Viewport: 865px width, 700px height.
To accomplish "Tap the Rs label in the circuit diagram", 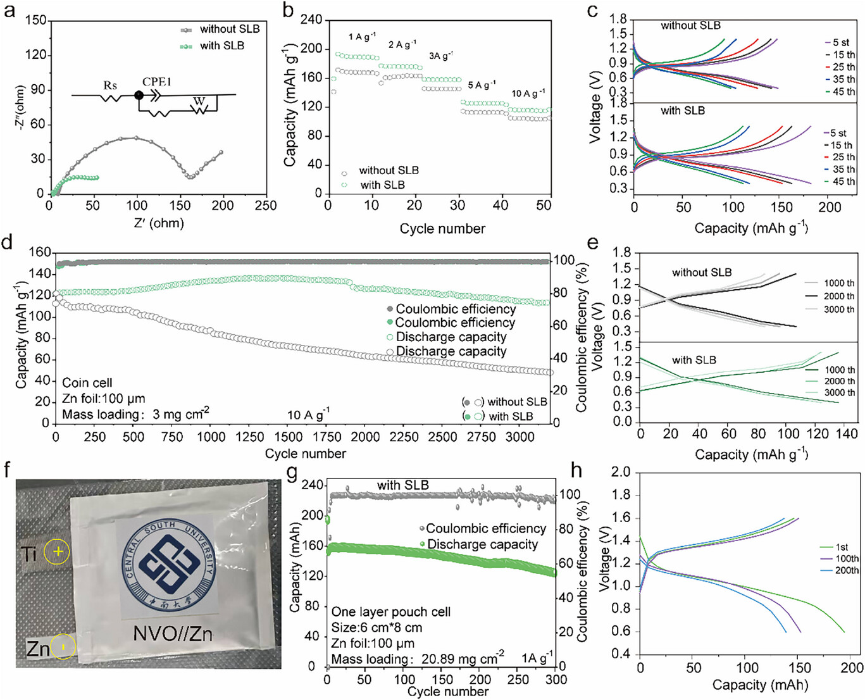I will [x=110, y=85].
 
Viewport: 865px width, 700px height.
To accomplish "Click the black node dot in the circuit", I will [x=139, y=96].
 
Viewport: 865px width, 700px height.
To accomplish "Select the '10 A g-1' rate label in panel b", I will [x=528, y=93].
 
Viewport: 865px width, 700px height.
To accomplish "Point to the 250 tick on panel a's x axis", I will [x=265, y=206].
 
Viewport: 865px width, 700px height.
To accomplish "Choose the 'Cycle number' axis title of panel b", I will [x=442, y=228].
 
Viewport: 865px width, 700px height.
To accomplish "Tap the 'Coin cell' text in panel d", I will [x=87, y=383].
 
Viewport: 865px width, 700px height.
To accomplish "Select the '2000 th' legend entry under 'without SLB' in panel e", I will [x=838, y=296].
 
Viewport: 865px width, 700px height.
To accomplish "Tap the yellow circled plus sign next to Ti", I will [x=58, y=552].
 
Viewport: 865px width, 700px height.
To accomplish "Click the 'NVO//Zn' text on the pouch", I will [x=172, y=634].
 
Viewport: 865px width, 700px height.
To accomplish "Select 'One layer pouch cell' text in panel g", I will [x=391, y=612].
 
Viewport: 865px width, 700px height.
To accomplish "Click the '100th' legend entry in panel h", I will [x=847, y=559].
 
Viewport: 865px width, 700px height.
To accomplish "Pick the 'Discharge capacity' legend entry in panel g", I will [x=482, y=544].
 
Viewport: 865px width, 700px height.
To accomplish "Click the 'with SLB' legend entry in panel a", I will [x=221, y=46].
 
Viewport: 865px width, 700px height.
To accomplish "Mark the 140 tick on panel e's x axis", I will [x=846, y=434].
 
